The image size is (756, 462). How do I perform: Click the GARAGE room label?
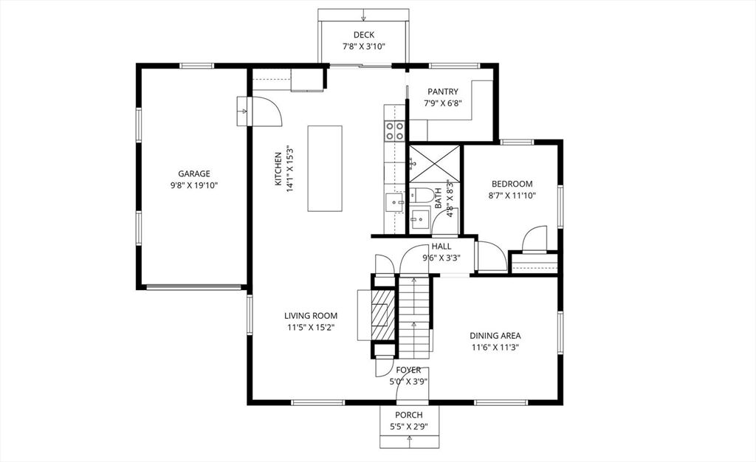[x=194, y=174]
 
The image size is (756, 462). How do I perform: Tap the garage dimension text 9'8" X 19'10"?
[x=194, y=185]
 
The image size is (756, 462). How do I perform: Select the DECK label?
[x=363, y=35]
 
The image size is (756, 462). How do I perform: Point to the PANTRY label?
[x=443, y=92]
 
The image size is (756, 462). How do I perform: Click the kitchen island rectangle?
[x=325, y=168]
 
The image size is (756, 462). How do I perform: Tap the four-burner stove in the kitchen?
[x=394, y=131]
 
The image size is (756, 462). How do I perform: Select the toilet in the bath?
[x=422, y=195]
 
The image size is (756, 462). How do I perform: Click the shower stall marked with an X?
[x=434, y=164]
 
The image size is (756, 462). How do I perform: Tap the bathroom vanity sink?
[x=420, y=219]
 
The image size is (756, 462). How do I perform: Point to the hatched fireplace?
[x=383, y=315]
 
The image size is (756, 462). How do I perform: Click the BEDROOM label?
[x=512, y=184]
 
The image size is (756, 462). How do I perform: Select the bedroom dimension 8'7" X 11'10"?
[x=512, y=196]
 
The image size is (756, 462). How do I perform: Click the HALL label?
[x=441, y=246]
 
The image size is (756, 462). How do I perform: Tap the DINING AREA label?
[x=495, y=336]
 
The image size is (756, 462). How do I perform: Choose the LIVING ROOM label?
[x=311, y=316]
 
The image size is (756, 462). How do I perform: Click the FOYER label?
[x=408, y=370]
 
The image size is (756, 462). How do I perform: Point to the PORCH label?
[x=409, y=415]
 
